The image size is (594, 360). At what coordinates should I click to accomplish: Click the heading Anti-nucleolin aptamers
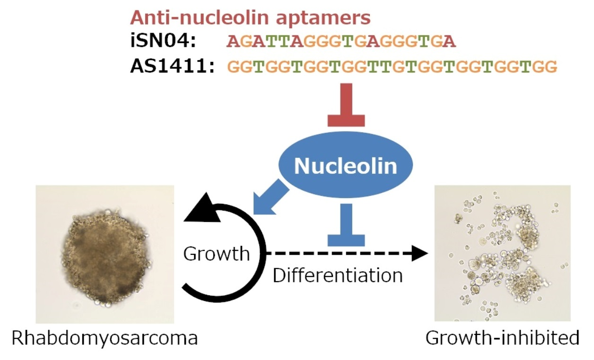pyautogui.click(x=250, y=18)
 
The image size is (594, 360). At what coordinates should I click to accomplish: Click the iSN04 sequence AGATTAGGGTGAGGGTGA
pyautogui.click(x=341, y=42)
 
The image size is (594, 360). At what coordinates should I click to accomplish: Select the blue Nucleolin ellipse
pyautogui.click(x=346, y=166)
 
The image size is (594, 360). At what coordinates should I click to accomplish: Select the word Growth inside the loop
pyautogui.click(x=216, y=254)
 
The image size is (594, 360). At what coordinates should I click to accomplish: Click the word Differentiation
pyautogui.click(x=338, y=275)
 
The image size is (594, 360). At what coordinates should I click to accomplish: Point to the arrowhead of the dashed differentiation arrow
pyautogui.click(x=419, y=254)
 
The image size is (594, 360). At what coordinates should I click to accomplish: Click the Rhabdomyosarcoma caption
pyautogui.click(x=105, y=339)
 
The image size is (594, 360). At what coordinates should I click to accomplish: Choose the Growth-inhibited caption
pyautogui.click(x=502, y=339)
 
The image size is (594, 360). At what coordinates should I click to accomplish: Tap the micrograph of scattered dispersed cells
pyautogui.click(x=502, y=253)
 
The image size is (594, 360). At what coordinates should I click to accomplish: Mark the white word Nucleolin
pyautogui.click(x=346, y=166)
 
